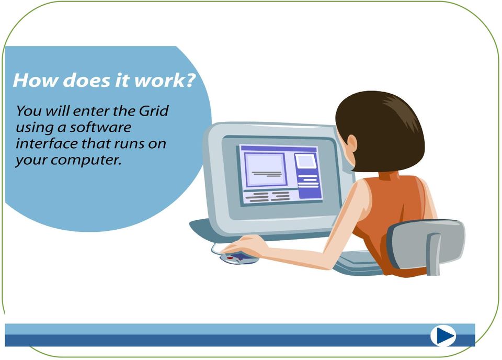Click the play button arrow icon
pos(443,335)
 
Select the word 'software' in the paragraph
pos(100,127)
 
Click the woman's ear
pos(352,143)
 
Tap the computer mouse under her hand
pos(238,257)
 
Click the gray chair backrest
pos(426,243)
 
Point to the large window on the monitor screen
pos(265,170)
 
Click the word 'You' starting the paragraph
pos(29,111)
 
